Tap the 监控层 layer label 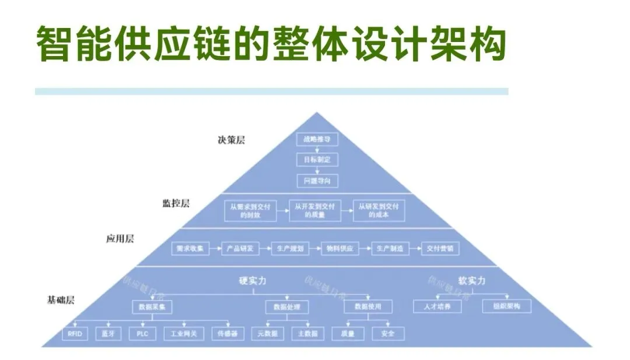pyautogui.click(x=176, y=203)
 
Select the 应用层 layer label pyautogui.click(x=120, y=239)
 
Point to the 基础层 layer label pyautogui.click(x=61, y=300)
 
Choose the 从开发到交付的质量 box pyautogui.click(x=315, y=210)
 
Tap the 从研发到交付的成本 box pyautogui.click(x=379, y=210)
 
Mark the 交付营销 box pyautogui.click(x=440, y=249)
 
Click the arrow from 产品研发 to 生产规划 pyautogui.click(x=265, y=249)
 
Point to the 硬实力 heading pyautogui.click(x=253, y=281)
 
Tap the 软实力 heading pyautogui.click(x=472, y=281)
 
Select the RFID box pyautogui.click(x=74, y=334)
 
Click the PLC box pyautogui.click(x=142, y=334)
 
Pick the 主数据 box pyautogui.click(x=307, y=334)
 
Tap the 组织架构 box pyautogui.click(x=506, y=306)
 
